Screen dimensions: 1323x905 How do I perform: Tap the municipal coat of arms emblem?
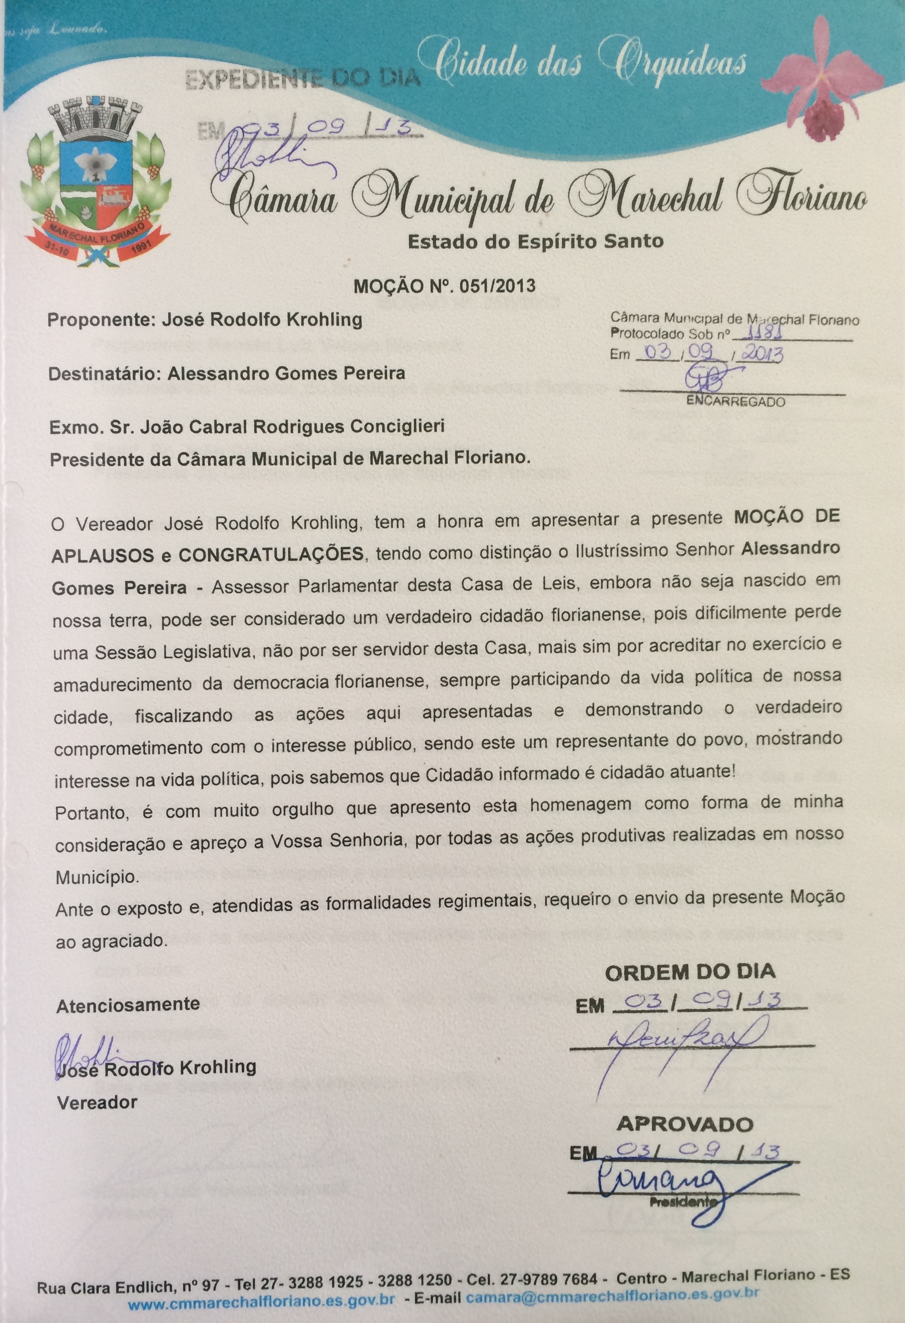point(95,182)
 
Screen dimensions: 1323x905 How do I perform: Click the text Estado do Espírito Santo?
point(535,241)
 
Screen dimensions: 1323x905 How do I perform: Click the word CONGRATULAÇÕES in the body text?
point(271,554)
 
